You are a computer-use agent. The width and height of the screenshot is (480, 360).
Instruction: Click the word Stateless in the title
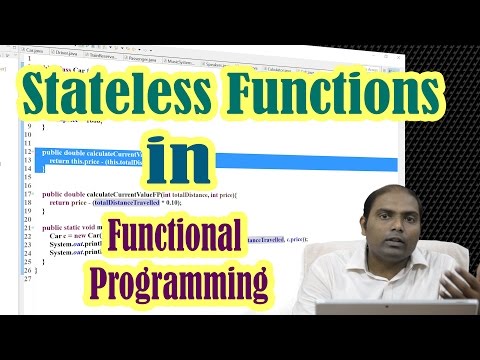pyautogui.click(x=117, y=98)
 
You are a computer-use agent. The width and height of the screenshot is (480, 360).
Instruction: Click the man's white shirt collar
pyautogui.click(x=385, y=260)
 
